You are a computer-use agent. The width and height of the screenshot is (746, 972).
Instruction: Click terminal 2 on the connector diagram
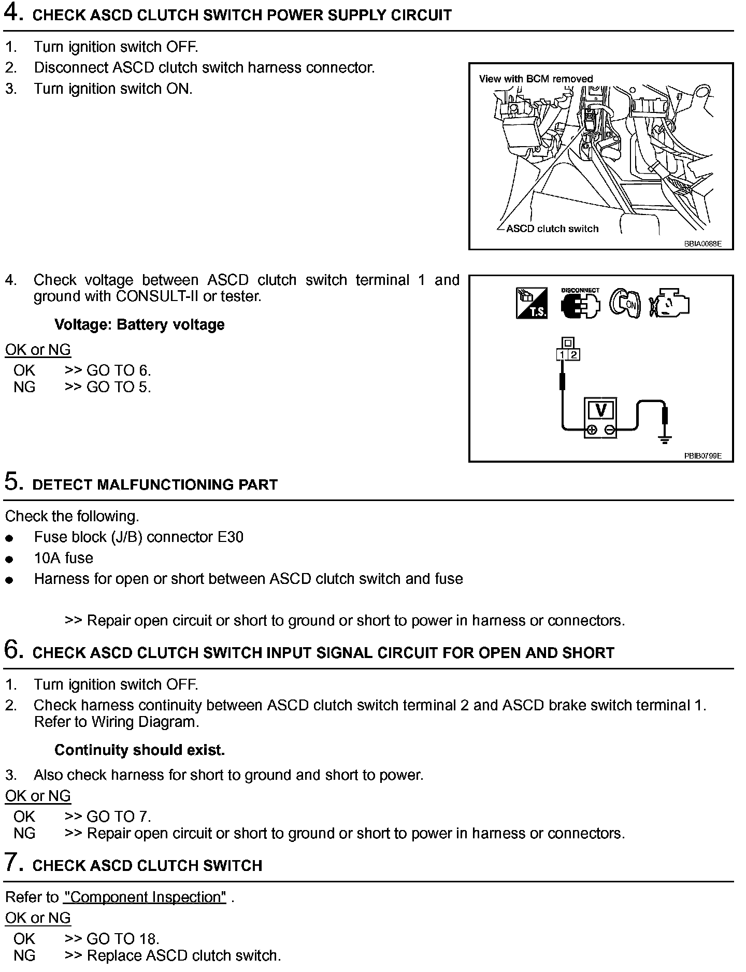coord(574,355)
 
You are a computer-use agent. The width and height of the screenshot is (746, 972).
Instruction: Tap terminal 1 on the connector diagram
coord(563,355)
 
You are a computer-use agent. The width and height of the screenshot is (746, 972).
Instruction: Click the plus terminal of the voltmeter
coord(592,430)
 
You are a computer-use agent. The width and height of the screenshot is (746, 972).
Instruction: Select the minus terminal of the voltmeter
coord(610,430)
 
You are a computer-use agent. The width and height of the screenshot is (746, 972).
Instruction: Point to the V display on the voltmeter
coord(601,410)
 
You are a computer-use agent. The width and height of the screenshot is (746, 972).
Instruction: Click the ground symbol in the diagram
coord(665,439)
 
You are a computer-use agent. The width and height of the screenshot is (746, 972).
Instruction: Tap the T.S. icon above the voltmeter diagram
coord(532,303)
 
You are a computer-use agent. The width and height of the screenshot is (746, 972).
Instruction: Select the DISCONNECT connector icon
coord(580,304)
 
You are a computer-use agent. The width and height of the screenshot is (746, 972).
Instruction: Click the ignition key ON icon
coord(625,304)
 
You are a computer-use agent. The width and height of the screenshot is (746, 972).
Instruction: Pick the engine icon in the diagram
coord(669,304)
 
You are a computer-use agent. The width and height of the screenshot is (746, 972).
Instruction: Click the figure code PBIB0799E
coord(702,456)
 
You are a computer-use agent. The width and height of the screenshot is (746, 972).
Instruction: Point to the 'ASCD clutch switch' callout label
coord(552,228)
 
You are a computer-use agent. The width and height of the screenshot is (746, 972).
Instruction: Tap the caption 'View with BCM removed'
coord(536,79)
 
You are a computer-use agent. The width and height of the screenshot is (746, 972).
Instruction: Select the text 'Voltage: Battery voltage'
coord(139,325)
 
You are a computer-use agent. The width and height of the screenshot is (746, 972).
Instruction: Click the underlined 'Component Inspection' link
coord(145,897)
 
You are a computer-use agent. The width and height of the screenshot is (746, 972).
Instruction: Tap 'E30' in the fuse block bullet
coord(231,537)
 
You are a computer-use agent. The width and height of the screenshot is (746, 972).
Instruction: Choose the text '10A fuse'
coord(64,558)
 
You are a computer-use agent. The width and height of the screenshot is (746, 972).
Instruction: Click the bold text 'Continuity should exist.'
coord(139,750)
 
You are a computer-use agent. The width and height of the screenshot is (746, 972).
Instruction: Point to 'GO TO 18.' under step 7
coord(123,938)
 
